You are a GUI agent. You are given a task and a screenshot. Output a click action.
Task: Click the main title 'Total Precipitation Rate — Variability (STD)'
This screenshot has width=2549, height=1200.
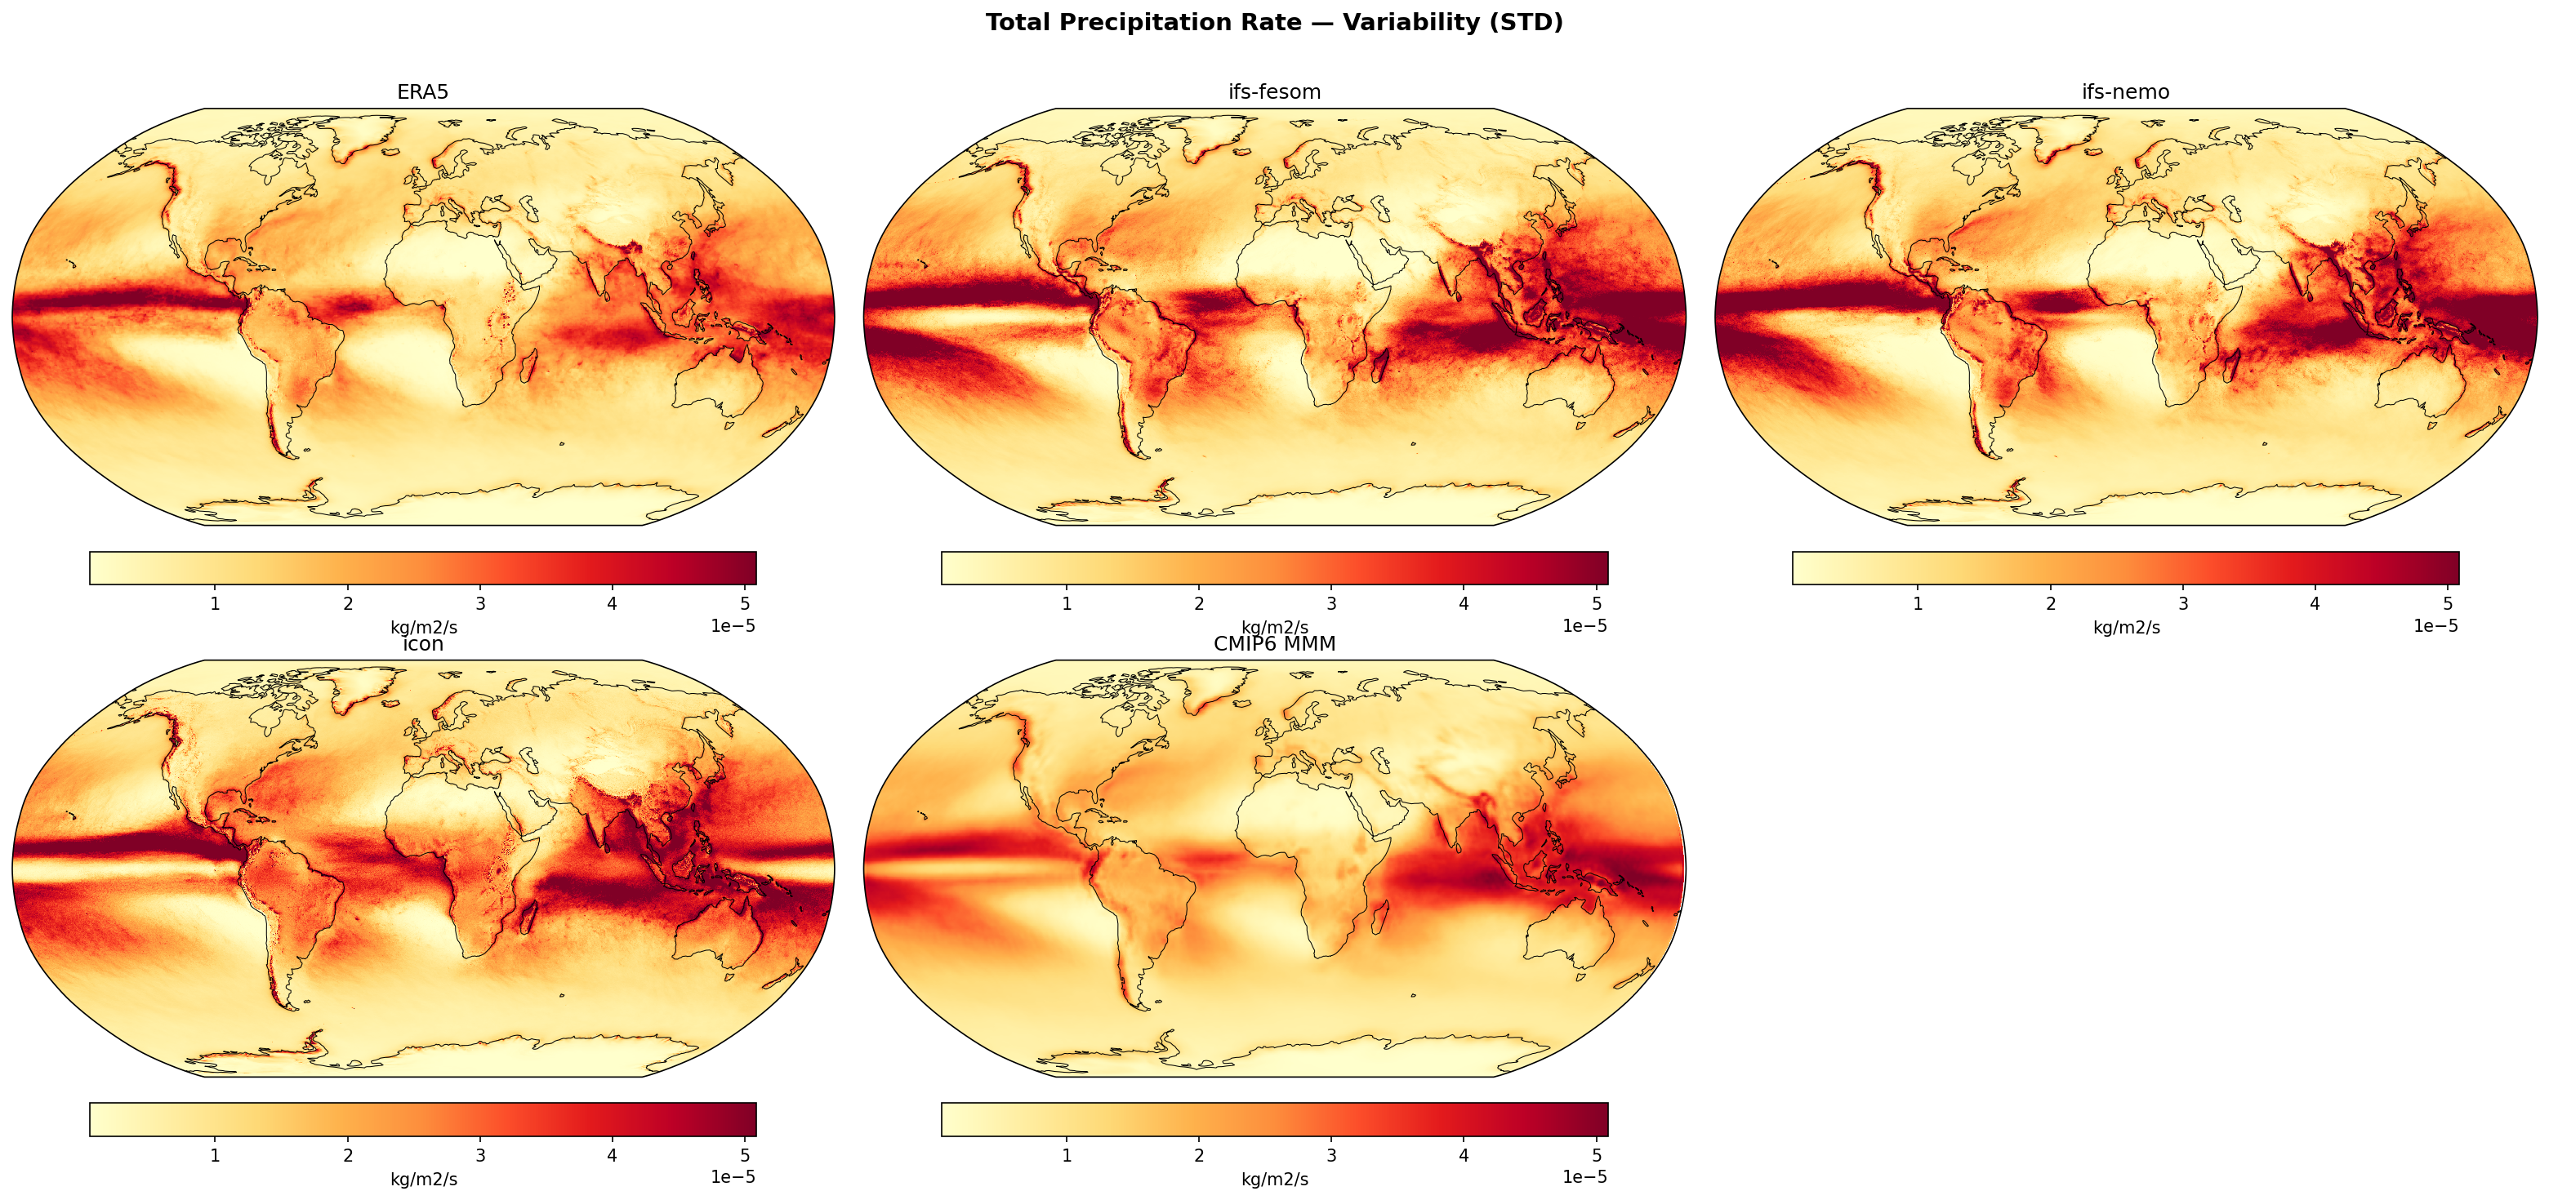pyautogui.click(x=1273, y=23)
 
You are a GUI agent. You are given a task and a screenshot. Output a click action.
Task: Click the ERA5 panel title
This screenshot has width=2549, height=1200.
pyautogui.click(x=422, y=92)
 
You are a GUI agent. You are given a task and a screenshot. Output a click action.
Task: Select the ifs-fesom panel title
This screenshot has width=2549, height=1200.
pyautogui.click(x=1273, y=92)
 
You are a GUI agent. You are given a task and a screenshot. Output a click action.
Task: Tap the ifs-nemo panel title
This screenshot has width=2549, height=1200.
pyautogui.click(x=2125, y=92)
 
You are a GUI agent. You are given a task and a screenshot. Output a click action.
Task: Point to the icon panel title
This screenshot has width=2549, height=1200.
pyautogui.click(x=422, y=644)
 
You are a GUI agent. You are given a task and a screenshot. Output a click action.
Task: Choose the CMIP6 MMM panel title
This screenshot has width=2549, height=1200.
pyautogui.click(x=1273, y=644)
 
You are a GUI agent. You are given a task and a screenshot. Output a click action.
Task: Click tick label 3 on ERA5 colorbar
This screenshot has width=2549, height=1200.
pyautogui.click(x=480, y=603)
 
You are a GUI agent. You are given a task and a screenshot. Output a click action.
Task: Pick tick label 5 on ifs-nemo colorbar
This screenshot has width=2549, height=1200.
pyautogui.click(x=2447, y=603)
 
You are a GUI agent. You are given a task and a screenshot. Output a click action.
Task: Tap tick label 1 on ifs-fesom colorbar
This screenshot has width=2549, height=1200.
pyautogui.click(x=1066, y=603)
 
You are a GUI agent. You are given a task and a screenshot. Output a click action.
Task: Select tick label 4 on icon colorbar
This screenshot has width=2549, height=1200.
pyautogui.click(x=613, y=1155)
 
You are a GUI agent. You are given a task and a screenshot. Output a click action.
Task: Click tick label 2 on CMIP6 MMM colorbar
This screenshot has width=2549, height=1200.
pyautogui.click(x=1198, y=1155)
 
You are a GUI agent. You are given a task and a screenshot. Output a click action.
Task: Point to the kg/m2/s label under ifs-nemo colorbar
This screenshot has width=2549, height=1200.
pyautogui.click(x=2125, y=627)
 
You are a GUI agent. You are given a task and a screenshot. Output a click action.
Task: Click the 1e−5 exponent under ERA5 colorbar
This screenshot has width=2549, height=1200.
pyautogui.click(x=733, y=625)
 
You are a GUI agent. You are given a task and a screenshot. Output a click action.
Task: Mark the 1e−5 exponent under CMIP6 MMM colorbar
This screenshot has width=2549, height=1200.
pyautogui.click(x=1584, y=1177)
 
